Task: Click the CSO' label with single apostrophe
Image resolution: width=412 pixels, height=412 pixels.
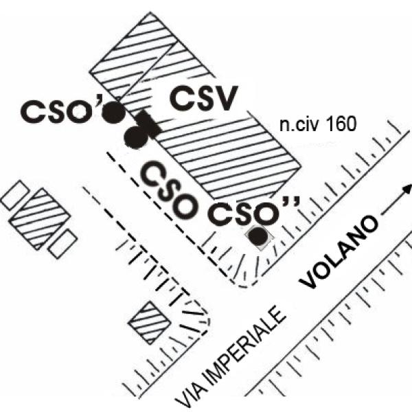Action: (62, 109)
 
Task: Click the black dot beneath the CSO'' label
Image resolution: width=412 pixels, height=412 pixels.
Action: (258, 237)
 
